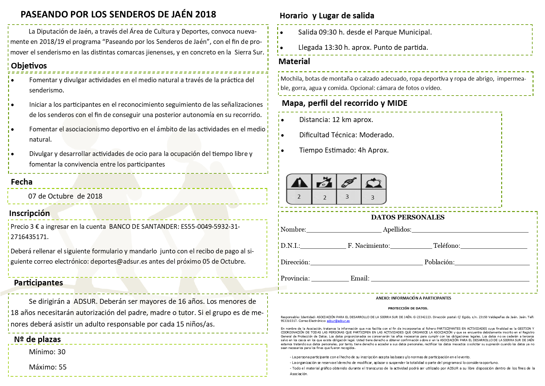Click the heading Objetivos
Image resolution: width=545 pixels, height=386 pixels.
(x=29, y=66)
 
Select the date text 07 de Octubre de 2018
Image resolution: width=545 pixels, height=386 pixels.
(x=65, y=196)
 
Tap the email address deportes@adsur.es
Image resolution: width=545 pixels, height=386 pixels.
(x=119, y=261)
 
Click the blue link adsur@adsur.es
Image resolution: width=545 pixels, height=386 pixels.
(x=338, y=321)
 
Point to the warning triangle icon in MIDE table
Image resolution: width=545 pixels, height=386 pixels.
(x=299, y=182)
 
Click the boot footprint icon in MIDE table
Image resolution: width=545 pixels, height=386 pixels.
(x=349, y=182)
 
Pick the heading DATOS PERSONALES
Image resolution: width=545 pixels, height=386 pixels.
(x=408, y=217)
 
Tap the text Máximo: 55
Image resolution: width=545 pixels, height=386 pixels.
(x=48, y=367)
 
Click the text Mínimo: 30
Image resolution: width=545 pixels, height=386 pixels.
(x=47, y=352)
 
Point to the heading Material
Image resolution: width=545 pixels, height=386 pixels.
(x=294, y=61)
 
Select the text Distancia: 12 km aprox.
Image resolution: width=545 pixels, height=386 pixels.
(x=336, y=120)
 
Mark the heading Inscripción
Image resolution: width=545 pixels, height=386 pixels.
(x=30, y=213)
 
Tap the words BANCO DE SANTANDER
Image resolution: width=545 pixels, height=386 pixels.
(x=143, y=227)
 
